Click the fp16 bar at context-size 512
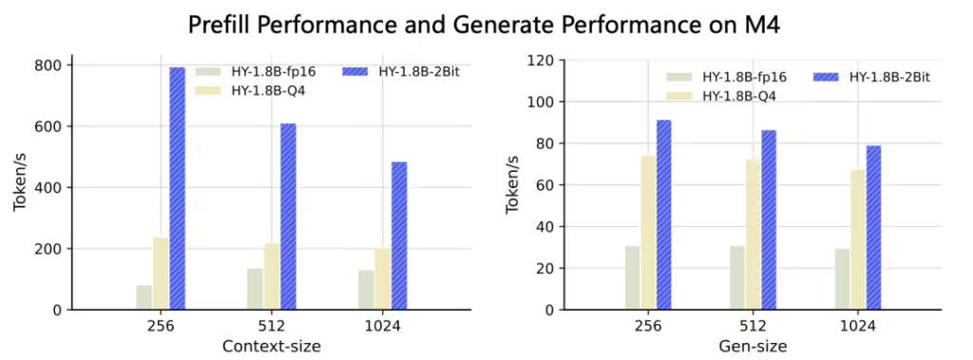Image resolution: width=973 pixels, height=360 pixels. pos(255,289)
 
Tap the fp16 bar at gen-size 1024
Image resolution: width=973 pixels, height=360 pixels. pos(842,279)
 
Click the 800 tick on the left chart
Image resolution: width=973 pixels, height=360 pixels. pos(48,66)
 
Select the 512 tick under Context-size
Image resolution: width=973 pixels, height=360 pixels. pos(271,328)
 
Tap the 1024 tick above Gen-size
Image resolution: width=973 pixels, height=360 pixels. pos(858,328)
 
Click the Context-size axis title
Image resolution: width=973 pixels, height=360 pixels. pos(271,347)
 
